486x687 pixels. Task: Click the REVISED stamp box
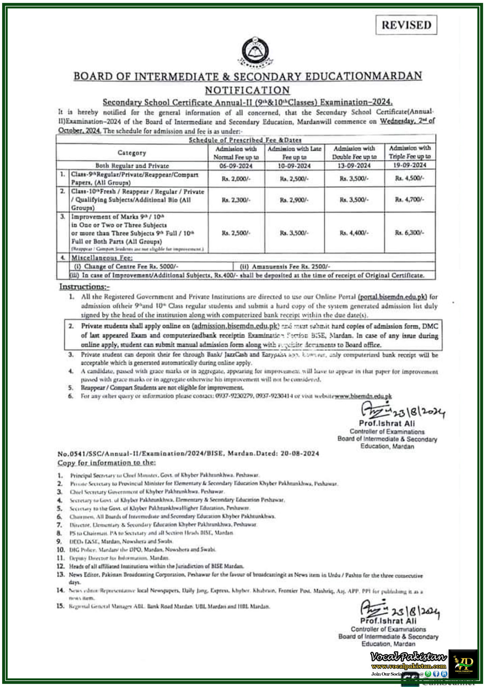click(x=406, y=25)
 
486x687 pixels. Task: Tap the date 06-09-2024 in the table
click(x=236, y=166)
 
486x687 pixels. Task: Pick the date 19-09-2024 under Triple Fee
click(x=409, y=165)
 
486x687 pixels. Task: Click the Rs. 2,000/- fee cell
click(x=236, y=179)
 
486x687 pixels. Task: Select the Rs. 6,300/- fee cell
click(x=409, y=232)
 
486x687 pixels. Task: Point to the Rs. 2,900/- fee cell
click(x=294, y=200)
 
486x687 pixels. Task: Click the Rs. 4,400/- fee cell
click(x=354, y=232)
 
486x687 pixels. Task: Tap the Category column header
click(x=132, y=153)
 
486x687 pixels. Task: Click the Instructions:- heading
click(x=84, y=287)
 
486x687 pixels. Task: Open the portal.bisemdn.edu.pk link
click(x=392, y=297)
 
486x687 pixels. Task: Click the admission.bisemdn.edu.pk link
click(x=236, y=326)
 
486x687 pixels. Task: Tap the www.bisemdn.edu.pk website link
click(x=363, y=396)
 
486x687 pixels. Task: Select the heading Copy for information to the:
click(x=107, y=463)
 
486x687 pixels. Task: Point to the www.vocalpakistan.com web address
click(x=409, y=666)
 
